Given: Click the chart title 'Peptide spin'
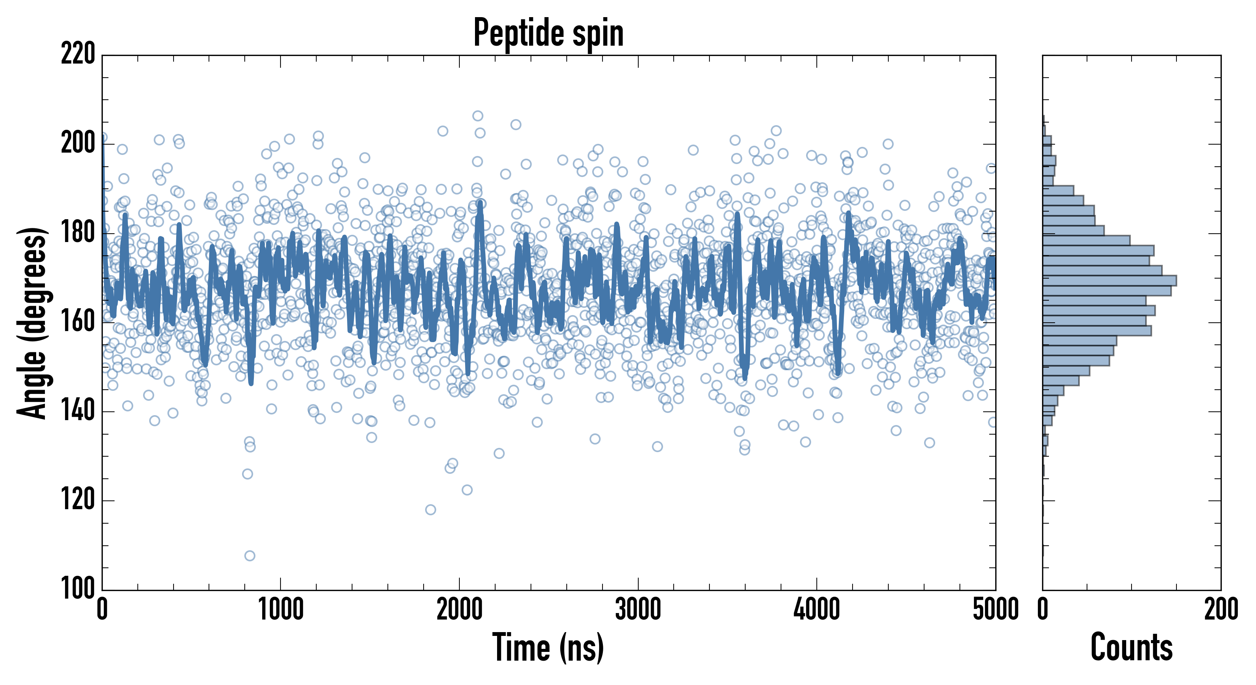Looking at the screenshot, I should [x=548, y=33].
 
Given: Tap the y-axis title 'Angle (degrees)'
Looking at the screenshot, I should [x=32, y=322].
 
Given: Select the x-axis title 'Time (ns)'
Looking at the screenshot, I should [x=548, y=647].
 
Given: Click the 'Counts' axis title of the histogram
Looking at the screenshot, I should [x=1131, y=647].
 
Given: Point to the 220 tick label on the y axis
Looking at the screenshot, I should [x=78, y=54].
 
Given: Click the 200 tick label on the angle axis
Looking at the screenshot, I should [x=78, y=143].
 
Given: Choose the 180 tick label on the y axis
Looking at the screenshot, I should [x=78, y=233].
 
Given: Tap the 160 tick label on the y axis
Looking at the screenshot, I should [x=78, y=322].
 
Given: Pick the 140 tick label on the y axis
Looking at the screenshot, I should [x=78, y=411].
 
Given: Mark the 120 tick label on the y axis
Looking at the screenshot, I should [x=78, y=500].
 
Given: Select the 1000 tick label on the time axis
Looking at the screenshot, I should [x=281, y=609].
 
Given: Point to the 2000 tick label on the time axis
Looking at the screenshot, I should [x=459, y=609].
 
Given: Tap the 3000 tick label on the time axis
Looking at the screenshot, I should [x=638, y=609].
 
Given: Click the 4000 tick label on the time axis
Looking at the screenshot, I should [x=817, y=609].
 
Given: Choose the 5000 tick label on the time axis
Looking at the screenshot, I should [x=995, y=609].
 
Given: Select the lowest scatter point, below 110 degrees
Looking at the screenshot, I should [x=250, y=556].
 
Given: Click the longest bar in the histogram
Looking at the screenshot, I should [x=1109, y=280].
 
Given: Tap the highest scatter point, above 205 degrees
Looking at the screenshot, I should [x=478, y=116].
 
